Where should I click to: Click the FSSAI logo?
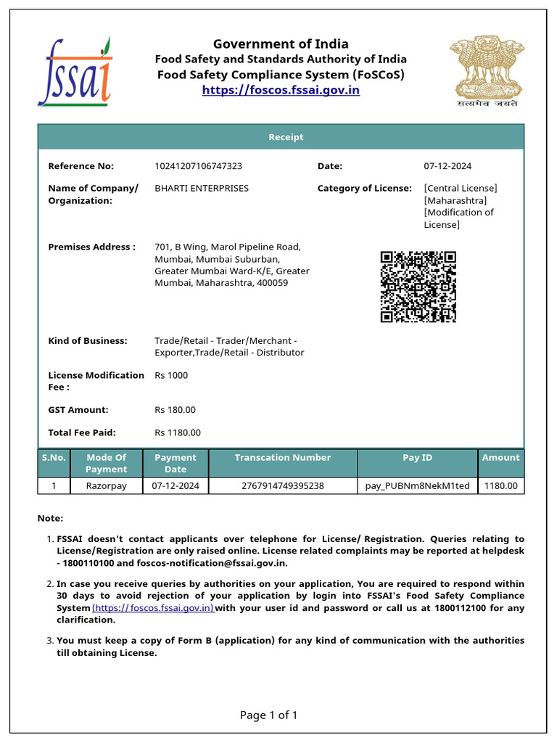tap(75, 71)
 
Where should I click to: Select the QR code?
tap(418, 286)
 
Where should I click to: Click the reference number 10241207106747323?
tap(198, 166)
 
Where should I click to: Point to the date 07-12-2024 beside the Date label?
tap(447, 166)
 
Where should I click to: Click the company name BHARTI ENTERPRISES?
tap(202, 188)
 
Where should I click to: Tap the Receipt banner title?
tap(286, 137)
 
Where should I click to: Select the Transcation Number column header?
tap(282, 458)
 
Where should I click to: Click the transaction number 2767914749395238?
tap(282, 486)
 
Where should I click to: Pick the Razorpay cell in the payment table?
tap(106, 486)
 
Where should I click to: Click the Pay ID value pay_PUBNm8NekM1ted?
tap(417, 486)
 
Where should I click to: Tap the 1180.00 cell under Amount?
tap(500, 486)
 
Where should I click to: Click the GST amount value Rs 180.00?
tap(175, 410)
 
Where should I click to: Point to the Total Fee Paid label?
tap(82, 432)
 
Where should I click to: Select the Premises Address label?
tap(91, 247)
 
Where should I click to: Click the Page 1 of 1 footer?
tap(268, 715)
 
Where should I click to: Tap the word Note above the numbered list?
tap(50, 518)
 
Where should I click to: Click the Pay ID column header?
tap(417, 458)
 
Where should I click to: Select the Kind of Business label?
tap(87, 340)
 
